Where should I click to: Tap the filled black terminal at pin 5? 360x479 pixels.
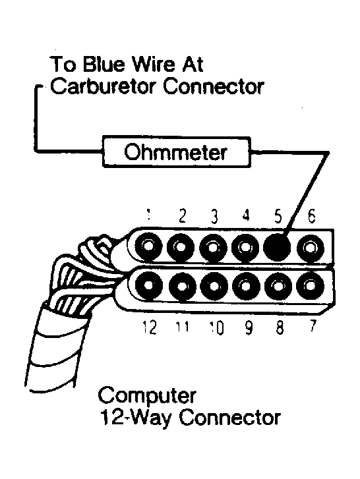[x=277, y=247]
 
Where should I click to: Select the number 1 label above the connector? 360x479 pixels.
[x=150, y=215]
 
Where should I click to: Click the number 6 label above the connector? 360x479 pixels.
[x=310, y=215]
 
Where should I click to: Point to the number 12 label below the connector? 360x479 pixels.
[x=150, y=327]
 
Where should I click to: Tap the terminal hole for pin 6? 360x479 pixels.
[x=309, y=247]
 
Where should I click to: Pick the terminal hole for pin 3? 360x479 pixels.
[x=214, y=247]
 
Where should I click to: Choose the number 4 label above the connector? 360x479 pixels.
[x=246, y=215]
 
